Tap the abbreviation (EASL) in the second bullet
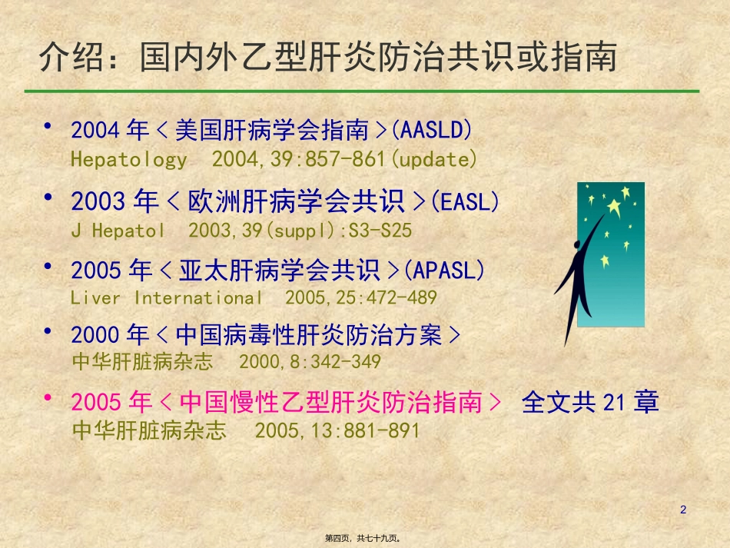pyautogui.click(x=465, y=201)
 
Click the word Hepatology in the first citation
pyautogui.click(x=128, y=160)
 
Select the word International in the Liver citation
pyautogui.click(x=198, y=297)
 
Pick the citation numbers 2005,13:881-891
pyautogui.click(x=337, y=430)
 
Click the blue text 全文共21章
pyautogui.click(x=590, y=402)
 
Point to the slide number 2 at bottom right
pyautogui.click(x=683, y=510)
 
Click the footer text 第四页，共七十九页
pyautogui.click(x=365, y=539)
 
